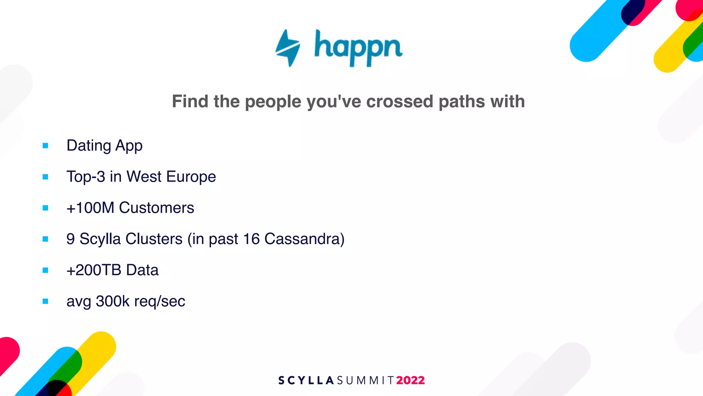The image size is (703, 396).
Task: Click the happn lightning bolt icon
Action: tap(288, 48)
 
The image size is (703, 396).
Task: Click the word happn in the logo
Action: tap(358, 48)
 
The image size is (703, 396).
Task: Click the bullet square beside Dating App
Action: tap(45, 146)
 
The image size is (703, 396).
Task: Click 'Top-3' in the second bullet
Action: tap(86, 177)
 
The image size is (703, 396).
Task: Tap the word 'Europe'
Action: tap(191, 177)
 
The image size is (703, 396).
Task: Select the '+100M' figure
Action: tap(90, 208)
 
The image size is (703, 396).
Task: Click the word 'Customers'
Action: tap(157, 208)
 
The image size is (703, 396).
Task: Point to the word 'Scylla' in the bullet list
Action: tap(97, 239)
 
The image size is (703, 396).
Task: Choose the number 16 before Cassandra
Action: tap(251, 239)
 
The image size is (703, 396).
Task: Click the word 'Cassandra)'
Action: tap(304, 239)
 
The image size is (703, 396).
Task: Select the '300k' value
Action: tap(113, 301)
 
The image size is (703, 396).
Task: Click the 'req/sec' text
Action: tap(160, 302)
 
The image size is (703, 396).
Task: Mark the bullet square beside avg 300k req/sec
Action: tap(45, 301)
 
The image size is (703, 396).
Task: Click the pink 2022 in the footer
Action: tap(411, 380)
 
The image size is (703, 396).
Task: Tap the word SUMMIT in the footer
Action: tap(366, 381)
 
